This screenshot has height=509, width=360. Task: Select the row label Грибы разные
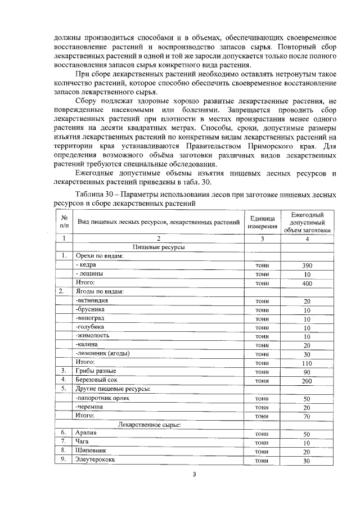(96, 371)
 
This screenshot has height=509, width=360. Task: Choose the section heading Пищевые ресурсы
(159, 247)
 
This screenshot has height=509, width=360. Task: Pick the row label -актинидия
(92, 301)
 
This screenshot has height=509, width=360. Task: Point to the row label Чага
(82, 442)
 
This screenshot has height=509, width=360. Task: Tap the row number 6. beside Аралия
(64, 433)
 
